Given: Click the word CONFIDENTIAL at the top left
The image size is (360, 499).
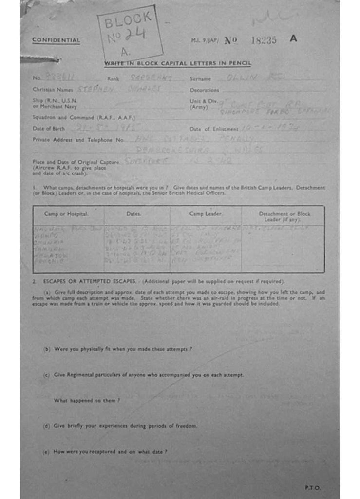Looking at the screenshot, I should (56, 40).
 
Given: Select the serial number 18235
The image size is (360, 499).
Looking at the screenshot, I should (263, 40).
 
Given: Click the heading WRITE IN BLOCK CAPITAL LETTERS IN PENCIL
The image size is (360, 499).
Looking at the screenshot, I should (178, 64).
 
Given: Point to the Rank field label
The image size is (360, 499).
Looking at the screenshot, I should (113, 78).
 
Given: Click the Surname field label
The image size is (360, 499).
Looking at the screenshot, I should (200, 78).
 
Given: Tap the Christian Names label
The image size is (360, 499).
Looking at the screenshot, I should (51, 90).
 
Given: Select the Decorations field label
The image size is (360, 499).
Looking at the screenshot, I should (204, 90).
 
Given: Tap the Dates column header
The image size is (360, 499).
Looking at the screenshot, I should (133, 214).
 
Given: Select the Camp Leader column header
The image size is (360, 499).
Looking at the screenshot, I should (206, 214).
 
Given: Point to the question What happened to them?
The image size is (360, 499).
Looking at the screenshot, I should (87, 400).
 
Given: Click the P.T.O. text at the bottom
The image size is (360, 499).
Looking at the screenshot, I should (313, 487).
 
